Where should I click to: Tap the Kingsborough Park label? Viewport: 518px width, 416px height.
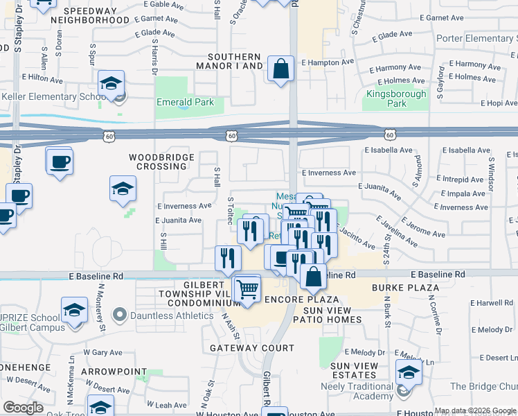coord(386,98)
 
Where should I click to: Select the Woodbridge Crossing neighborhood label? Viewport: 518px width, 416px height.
coord(158,162)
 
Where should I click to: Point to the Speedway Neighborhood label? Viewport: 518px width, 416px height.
coord(96,15)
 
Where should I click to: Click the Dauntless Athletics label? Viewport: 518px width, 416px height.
coord(162,315)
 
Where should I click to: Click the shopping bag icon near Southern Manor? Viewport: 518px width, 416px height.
coord(280,69)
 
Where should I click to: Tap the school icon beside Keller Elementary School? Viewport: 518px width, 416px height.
coord(111,84)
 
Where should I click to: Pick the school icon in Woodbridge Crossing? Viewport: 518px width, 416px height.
coord(123,189)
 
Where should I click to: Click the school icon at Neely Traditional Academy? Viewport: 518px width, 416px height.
coord(409,372)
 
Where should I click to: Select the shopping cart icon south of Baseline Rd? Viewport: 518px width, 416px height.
coord(247,288)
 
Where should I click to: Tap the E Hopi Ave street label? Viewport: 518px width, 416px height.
coord(497,103)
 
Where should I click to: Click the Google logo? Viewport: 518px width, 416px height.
coord(23,408)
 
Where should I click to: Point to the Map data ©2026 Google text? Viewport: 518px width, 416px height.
coord(474,410)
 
